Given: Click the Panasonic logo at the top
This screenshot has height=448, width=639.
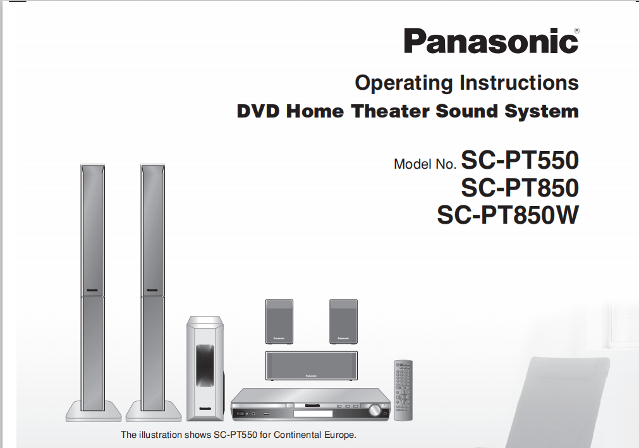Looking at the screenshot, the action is pos(491,40).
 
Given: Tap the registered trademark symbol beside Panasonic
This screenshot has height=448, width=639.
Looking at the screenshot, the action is pos(576,30).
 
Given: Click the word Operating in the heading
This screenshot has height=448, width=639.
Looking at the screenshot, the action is pos(403,83).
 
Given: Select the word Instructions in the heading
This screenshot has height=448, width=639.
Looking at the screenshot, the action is pos(519,82).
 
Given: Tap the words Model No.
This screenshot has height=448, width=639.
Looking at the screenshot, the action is pos(425,164).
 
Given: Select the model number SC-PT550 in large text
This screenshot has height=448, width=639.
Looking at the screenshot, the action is pos(520,160).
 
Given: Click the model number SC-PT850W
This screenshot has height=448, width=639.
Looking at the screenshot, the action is pos(508,215).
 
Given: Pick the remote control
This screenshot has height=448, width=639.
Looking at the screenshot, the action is pos(403,390).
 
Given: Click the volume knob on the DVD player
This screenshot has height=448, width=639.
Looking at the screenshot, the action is pos(374,410).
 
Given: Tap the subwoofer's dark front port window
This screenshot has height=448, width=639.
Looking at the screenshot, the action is pos(205,365).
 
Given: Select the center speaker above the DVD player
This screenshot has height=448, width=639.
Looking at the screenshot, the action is pos(312,365).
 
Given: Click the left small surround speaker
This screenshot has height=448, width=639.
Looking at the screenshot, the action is pos(279,322).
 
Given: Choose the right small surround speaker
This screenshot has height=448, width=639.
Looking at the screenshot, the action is pos(344,322).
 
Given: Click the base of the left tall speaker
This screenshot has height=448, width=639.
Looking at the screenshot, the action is pos(94,411).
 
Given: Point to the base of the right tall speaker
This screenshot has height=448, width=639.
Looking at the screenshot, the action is pos(154,411).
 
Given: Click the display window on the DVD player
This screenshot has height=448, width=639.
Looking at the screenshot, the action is pos(313,414).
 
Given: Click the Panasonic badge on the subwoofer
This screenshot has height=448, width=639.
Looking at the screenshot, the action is pos(205,408).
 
